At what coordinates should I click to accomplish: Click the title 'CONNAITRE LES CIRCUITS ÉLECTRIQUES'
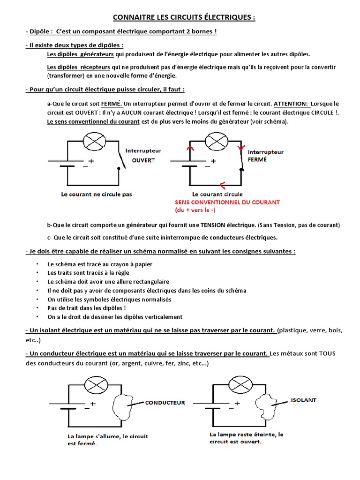(184, 18)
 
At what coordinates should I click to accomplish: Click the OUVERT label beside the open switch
(143, 160)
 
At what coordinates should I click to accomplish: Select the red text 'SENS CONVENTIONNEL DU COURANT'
(227, 202)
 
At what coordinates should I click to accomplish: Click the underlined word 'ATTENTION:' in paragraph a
(291, 103)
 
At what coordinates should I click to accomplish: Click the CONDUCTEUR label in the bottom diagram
(165, 402)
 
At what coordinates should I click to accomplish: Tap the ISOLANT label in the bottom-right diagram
(303, 400)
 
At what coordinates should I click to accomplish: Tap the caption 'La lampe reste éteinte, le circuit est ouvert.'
(247, 438)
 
